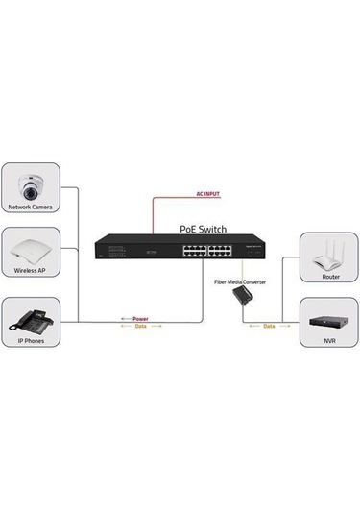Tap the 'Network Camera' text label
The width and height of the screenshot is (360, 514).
click(32, 207)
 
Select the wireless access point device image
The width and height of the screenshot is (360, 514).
click(32, 252)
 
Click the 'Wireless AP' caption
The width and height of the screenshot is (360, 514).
click(32, 272)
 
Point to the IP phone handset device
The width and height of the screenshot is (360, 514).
click(31, 318)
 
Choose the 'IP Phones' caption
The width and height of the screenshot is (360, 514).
click(32, 340)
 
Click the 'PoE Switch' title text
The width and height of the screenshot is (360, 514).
click(204, 230)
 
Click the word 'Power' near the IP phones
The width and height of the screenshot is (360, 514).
click(140, 317)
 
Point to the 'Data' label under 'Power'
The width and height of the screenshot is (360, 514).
click(140, 326)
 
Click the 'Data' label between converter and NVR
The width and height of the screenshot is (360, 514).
click(268, 326)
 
